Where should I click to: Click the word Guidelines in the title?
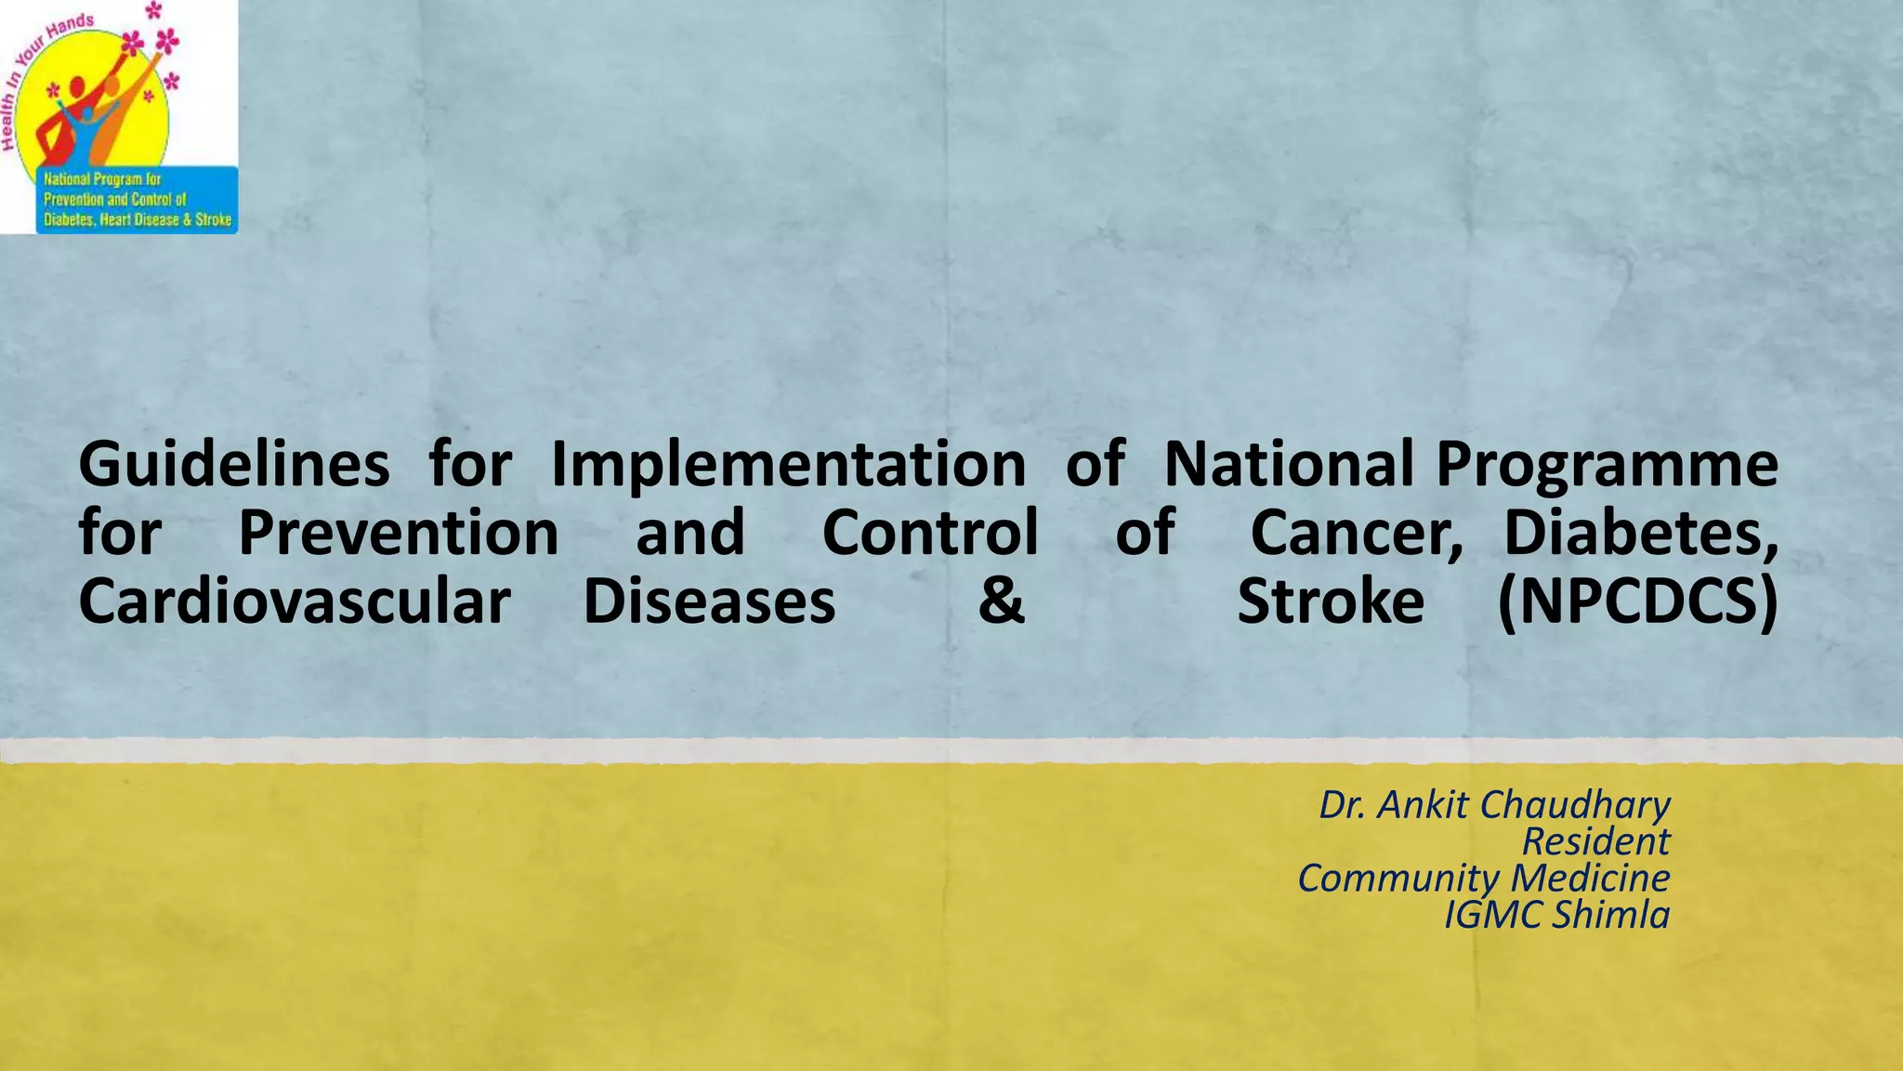234,465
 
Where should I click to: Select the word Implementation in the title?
788,465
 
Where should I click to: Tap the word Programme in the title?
1607,465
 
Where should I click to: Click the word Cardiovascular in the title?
295,602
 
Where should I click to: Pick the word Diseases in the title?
709,602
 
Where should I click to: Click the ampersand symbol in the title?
1001,602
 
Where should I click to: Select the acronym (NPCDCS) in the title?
1637,602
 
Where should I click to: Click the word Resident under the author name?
1595,842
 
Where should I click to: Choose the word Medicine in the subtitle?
1590,879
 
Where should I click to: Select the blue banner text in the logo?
137,200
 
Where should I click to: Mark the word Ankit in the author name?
1422,805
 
